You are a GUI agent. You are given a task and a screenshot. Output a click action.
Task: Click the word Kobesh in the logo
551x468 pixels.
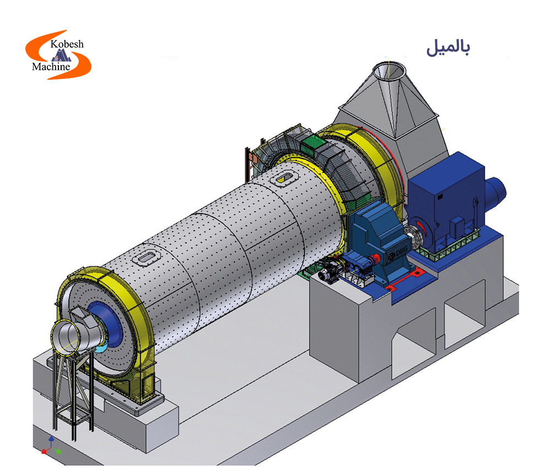point(67,44)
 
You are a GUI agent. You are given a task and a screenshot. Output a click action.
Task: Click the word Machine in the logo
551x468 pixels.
point(51,67)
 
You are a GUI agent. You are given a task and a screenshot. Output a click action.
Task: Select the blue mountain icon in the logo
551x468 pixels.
point(61,55)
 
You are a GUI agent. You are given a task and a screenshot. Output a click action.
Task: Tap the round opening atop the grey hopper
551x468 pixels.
point(390,71)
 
